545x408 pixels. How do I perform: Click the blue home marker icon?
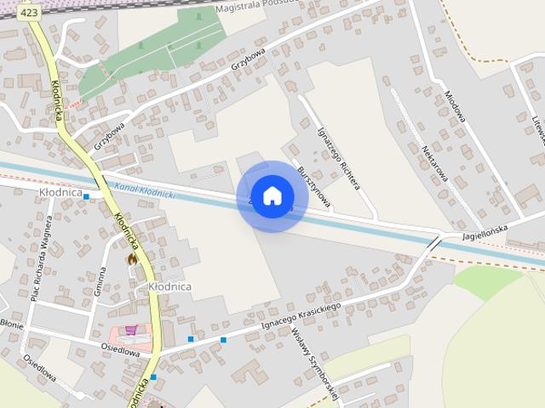(272, 196)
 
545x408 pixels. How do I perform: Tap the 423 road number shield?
(28, 13)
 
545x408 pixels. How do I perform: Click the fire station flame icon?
(131, 258)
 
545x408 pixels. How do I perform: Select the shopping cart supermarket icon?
(131, 330)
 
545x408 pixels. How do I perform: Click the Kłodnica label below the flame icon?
(169, 287)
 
